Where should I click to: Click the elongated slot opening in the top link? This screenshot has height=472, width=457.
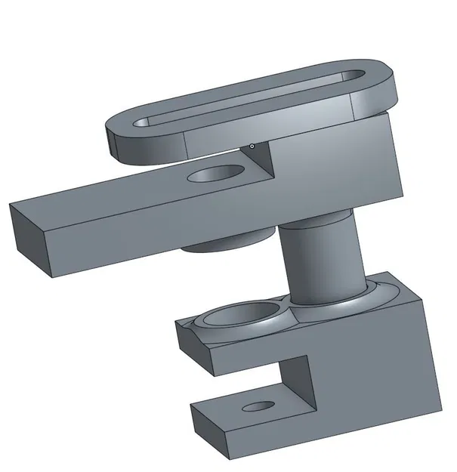[x=249, y=99]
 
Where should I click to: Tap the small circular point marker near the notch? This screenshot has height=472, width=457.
[x=252, y=146]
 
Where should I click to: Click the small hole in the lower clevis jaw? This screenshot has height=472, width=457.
[x=258, y=406]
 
